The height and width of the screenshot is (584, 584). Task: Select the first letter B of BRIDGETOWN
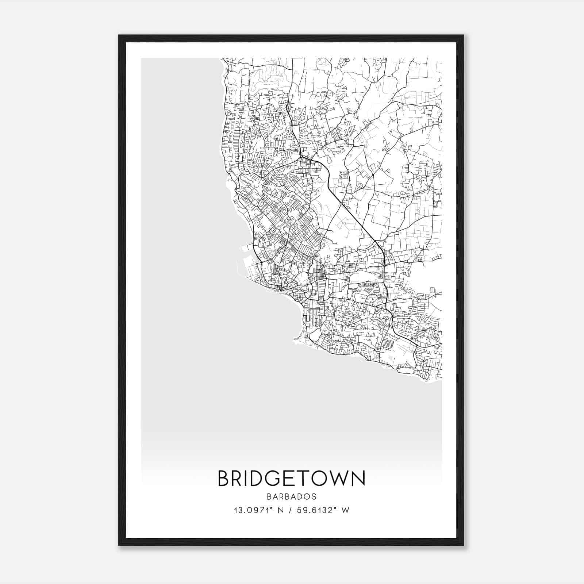coord(223,479)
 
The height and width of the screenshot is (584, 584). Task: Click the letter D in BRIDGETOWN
coord(256,479)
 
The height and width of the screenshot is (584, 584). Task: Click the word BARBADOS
coord(292,497)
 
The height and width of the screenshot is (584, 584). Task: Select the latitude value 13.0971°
coord(253,510)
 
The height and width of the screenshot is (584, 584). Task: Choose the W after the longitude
coord(346,510)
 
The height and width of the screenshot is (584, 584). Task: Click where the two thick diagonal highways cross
coord(342,203)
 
